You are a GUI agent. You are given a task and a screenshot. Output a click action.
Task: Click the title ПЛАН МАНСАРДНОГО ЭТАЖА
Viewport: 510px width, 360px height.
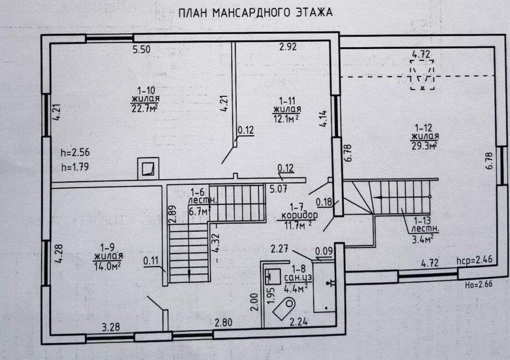[256, 13]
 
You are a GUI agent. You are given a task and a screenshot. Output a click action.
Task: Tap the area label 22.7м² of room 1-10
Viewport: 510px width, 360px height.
[145, 108]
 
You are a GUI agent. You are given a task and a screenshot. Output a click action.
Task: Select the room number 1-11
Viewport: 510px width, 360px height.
[287, 100]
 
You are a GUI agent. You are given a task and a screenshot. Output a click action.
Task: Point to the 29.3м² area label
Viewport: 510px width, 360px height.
[424, 146]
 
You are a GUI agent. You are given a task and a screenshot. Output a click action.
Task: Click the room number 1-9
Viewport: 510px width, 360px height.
[108, 247]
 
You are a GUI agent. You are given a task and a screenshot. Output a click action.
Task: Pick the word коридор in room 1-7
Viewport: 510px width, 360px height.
[299, 215]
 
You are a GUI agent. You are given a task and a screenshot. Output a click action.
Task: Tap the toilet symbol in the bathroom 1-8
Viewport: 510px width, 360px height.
[284, 308]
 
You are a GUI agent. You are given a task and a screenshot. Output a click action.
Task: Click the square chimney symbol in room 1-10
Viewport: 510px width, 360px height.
[149, 168]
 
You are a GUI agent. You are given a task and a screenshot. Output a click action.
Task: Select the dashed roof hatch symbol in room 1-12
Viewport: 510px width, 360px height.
[422, 75]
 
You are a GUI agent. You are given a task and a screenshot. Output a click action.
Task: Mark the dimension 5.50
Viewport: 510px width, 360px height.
[141, 49]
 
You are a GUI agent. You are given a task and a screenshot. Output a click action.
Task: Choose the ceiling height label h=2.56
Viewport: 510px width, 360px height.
[75, 152]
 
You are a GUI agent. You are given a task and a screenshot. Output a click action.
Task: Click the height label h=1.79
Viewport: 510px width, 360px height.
[75, 167]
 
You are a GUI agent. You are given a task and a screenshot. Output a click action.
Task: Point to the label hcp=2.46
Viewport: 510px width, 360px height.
[475, 260]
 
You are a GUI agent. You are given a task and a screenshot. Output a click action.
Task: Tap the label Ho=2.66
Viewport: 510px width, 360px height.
[478, 285]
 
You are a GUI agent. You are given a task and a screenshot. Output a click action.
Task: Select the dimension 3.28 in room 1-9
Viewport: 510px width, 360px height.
[111, 327]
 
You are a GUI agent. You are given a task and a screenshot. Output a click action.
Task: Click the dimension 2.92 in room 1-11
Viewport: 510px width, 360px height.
[288, 47]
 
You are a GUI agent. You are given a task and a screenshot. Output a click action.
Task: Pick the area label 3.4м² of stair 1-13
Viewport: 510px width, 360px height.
[422, 240]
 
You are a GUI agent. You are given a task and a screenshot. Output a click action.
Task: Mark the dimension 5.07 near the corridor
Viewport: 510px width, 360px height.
[278, 189]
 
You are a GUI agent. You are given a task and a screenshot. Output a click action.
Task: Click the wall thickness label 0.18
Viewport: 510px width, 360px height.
[324, 202]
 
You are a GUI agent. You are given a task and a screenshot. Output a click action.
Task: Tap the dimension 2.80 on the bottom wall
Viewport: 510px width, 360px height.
[223, 322]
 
